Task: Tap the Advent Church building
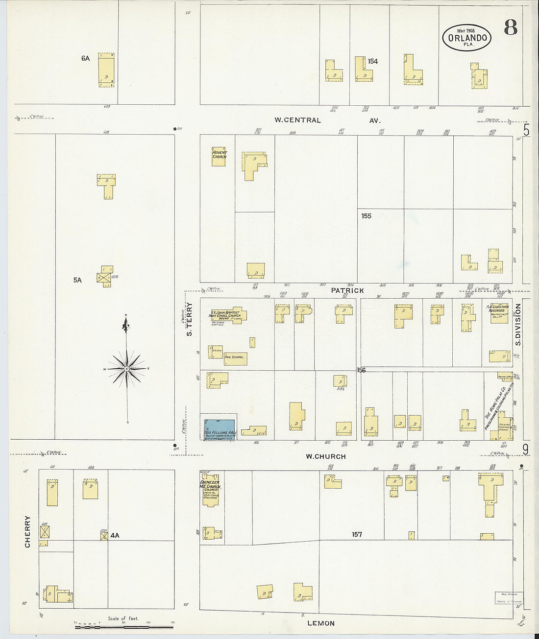coord(219,156)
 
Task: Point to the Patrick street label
coord(347,290)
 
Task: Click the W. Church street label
coord(325,456)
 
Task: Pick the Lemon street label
coord(321,623)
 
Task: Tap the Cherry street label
coord(27,531)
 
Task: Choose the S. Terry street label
coord(190,319)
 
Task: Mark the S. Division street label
coord(517,324)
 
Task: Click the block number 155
coord(366,216)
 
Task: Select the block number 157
coord(357,534)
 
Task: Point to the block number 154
coord(373,61)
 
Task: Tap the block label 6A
coord(86,58)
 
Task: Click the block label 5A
coord(77,280)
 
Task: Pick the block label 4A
coord(115,535)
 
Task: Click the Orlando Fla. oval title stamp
coord(466,37)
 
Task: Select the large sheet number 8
coord(510,28)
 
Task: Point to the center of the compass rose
coord(127,368)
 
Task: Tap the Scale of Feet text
coord(123,618)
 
